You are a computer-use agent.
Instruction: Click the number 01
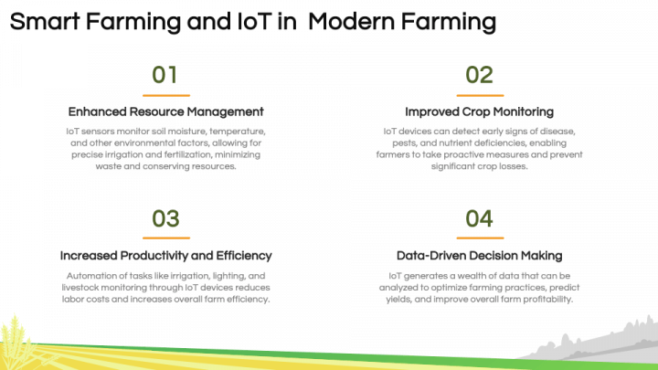[165, 75]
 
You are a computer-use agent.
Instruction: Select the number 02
[480, 75]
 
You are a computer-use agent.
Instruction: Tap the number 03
[165, 218]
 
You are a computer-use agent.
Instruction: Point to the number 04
[480, 218]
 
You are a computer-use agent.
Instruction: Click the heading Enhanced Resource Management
[165, 112]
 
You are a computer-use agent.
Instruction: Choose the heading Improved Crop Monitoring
[480, 112]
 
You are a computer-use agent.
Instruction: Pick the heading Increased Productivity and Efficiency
[165, 256]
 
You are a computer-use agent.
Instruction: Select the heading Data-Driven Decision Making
[480, 256]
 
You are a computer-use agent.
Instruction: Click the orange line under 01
[165, 95]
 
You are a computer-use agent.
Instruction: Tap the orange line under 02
[480, 95]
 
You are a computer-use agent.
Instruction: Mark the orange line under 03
[165, 238]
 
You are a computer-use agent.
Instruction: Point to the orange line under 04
[480, 238]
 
